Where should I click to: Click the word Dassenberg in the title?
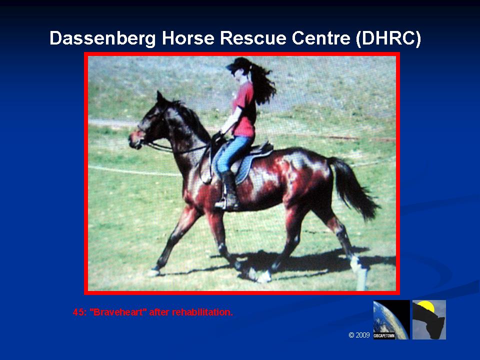(x=102, y=39)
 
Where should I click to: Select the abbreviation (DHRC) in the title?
(x=388, y=39)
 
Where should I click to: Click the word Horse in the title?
(x=188, y=38)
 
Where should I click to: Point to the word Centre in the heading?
(x=321, y=38)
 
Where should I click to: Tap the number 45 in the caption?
(x=79, y=312)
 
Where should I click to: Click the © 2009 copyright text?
(x=359, y=335)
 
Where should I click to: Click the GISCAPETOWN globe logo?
(x=391, y=319)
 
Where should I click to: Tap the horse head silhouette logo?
(x=429, y=319)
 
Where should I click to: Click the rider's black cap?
(x=239, y=63)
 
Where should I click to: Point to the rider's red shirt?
(x=245, y=110)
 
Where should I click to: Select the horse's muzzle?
(x=134, y=141)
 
